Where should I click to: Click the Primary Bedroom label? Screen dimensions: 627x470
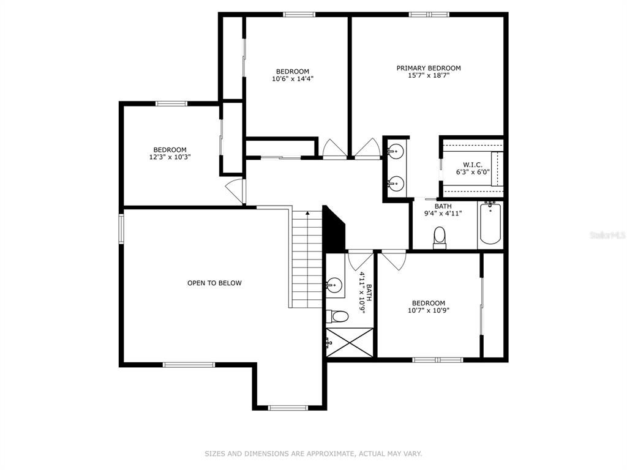428,69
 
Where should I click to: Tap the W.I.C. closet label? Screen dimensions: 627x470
473,165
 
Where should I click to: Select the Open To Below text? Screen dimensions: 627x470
214,283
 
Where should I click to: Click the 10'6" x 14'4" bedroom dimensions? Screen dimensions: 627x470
293,79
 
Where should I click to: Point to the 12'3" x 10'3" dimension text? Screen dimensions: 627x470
170,157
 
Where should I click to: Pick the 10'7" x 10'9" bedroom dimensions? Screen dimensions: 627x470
429,310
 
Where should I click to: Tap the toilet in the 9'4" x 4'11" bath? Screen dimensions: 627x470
440,238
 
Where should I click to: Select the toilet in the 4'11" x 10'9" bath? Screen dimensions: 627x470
337,316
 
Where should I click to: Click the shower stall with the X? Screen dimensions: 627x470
350,343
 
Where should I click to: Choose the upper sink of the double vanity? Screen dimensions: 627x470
396,151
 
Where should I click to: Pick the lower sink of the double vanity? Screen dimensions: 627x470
396,184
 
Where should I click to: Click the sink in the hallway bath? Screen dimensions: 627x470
334,285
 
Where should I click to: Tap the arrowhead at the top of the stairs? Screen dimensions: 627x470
307,214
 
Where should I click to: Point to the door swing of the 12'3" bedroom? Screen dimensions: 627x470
235,190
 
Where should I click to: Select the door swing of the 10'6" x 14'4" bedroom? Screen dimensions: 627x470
335,149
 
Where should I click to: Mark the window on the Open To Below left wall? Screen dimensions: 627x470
121,229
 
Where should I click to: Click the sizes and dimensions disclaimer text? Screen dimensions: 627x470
313,453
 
